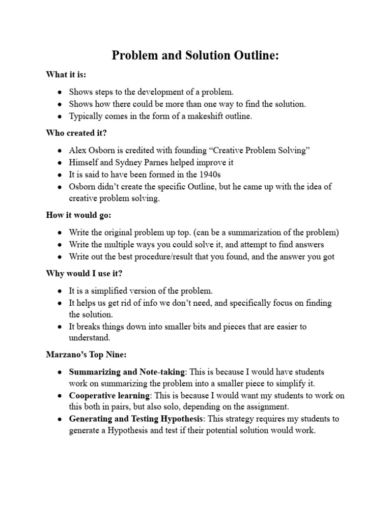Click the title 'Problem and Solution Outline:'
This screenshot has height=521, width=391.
point(195,56)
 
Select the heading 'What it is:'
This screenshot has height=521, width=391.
point(66,75)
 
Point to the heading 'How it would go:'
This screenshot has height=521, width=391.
point(77,215)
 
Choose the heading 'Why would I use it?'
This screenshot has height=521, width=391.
point(84,274)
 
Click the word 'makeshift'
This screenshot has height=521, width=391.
point(201,116)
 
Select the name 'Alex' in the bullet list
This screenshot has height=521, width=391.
point(78,151)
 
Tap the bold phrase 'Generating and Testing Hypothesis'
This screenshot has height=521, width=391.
point(136,419)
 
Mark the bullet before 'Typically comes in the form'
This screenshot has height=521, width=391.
point(60,116)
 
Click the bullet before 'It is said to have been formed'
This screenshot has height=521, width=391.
point(60,175)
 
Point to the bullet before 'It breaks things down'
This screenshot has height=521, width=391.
point(60,327)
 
